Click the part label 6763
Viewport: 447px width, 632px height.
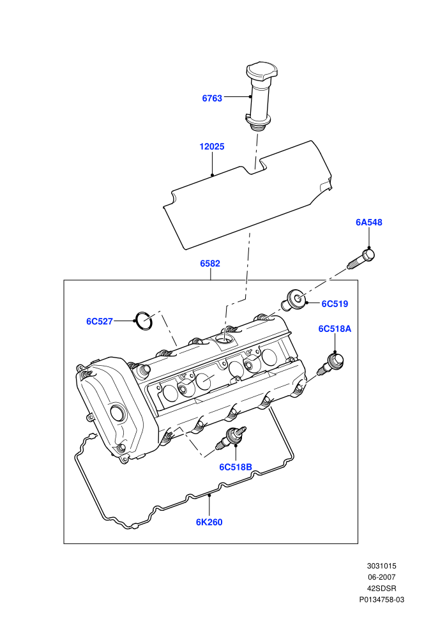pos(212,98)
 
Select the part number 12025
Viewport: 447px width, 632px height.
pos(212,147)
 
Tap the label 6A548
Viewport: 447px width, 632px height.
pos(369,222)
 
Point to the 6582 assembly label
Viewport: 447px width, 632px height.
pos(210,264)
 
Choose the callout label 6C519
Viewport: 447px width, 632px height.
pos(335,304)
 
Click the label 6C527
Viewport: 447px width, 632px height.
pos(100,321)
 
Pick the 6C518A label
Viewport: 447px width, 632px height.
pos(335,329)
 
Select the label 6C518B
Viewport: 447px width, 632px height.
pos(236,467)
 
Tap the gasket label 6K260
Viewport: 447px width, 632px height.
pos(209,522)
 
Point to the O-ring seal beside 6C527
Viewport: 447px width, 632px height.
pos(144,321)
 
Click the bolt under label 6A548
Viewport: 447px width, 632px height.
pos(361,259)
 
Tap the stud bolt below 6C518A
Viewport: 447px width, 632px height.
pos(331,364)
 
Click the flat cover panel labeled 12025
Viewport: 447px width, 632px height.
pos(248,195)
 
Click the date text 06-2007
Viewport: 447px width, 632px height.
pos(382,577)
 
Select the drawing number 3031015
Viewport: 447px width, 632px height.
pos(382,566)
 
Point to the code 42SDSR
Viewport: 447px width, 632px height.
pos(382,589)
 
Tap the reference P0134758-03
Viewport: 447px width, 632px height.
pos(382,599)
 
